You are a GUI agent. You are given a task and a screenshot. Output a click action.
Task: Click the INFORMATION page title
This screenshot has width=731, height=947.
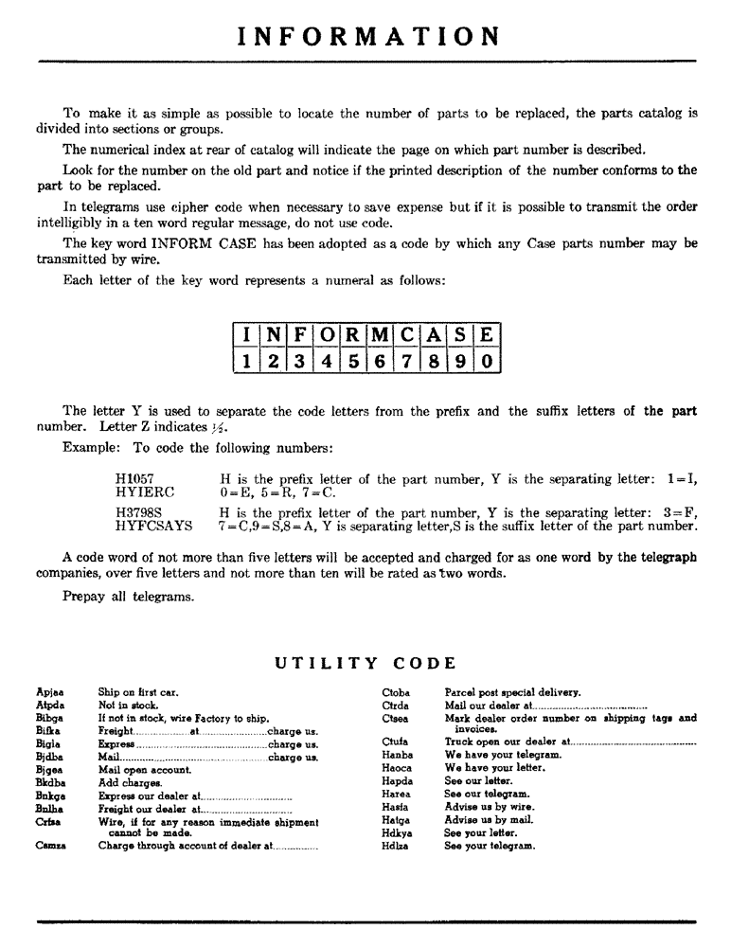[x=368, y=36]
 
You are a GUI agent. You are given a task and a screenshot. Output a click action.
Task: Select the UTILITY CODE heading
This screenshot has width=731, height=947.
[x=365, y=663]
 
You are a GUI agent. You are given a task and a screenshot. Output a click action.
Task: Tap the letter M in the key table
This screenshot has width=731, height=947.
[x=379, y=336]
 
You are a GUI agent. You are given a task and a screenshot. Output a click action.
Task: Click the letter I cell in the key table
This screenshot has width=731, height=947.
[x=246, y=336]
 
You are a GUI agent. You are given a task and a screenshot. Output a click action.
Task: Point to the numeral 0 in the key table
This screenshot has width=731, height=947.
[x=486, y=361]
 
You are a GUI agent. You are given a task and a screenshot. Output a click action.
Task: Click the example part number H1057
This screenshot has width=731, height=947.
[x=134, y=479]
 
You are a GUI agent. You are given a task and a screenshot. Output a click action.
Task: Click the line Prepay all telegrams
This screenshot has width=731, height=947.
[x=129, y=596]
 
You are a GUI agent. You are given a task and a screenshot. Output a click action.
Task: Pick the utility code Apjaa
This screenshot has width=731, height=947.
[x=49, y=692]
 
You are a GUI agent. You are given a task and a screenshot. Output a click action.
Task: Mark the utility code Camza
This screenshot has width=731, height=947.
[x=51, y=846]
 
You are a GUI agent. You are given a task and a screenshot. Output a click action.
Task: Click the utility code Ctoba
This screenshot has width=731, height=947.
[x=396, y=692]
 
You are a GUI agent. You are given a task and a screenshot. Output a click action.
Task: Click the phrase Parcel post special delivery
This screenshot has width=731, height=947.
[x=512, y=692]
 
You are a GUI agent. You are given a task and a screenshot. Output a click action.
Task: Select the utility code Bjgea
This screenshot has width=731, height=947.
[x=50, y=769]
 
